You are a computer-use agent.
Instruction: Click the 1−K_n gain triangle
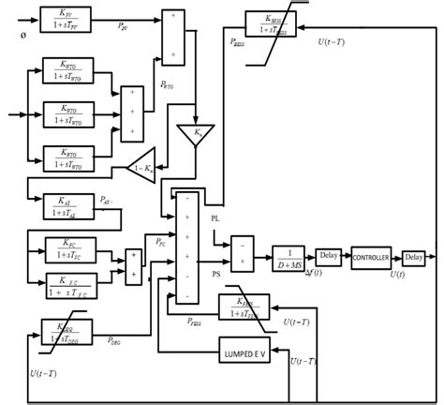142,166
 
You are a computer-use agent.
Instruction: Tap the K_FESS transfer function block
244,307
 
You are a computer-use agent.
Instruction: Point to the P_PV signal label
125,28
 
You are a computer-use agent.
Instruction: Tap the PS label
215,274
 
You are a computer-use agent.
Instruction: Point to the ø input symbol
22,35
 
